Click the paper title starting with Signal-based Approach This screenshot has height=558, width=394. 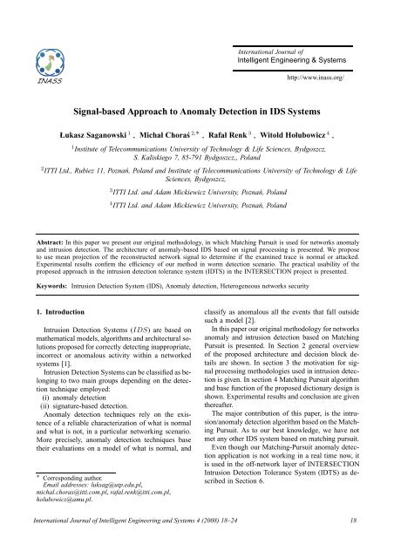(195, 89)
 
